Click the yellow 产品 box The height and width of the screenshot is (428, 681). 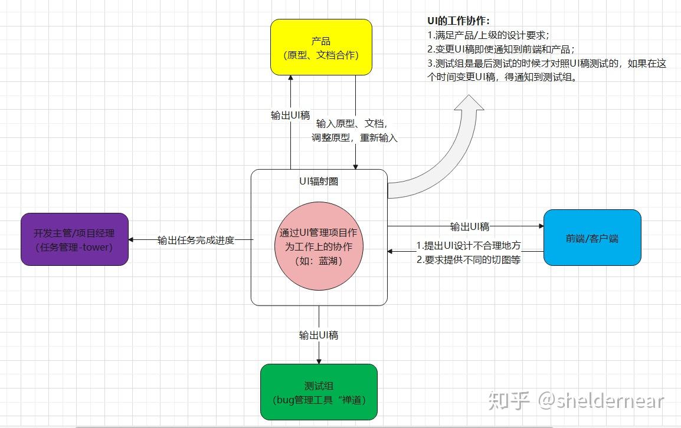point(321,47)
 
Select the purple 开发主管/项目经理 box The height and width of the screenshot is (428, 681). point(74,239)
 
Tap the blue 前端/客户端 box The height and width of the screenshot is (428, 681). point(592,238)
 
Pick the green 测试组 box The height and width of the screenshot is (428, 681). point(319,392)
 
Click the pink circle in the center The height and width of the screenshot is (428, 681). point(319,247)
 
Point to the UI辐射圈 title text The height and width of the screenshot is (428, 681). point(319,182)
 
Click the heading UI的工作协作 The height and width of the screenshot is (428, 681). point(459,21)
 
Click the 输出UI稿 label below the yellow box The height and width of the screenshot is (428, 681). point(290,116)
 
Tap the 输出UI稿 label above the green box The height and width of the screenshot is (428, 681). point(319,335)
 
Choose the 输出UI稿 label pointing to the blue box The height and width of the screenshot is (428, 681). point(470,226)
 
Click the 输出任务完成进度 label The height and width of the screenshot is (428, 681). point(196,240)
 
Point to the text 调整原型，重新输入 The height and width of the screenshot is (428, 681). point(355,138)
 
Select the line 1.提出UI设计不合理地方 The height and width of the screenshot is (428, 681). point(469,246)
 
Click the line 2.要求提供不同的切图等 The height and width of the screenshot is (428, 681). point(469,259)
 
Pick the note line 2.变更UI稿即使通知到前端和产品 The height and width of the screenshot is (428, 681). point(501,49)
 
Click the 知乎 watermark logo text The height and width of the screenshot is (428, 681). point(509,401)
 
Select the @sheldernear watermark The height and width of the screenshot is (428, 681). point(601,401)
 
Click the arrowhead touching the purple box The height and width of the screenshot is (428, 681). point(132,240)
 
